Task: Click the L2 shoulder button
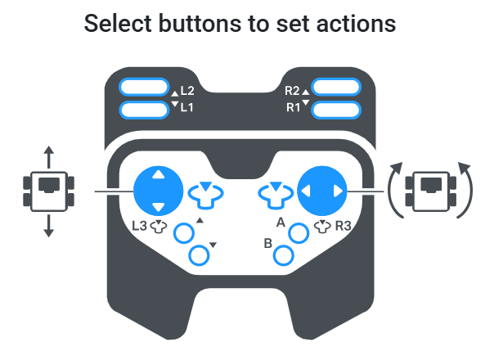pos(144,87)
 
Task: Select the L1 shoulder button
pos(144,110)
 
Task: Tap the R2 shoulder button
pos(336,87)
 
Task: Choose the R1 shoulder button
pos(336,110)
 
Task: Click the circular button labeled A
pos(299,233)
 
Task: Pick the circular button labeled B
pos(284,255)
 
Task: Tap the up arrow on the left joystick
pos(158,174)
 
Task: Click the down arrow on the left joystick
pos(158,207)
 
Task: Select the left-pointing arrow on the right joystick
pos(306,191)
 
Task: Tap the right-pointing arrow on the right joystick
pos(338,191)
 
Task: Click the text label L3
pos(139,226)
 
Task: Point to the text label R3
pos(343,226)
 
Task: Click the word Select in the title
pos(118,24)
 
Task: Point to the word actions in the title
pos(356,25)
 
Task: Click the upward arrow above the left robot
pos(48,157)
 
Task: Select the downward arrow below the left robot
pos(48,226)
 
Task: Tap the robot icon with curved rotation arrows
pos(431,191)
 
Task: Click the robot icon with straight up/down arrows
pos(49,191)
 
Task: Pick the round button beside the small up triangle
pos(184,233)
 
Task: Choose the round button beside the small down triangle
pos(199,255)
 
